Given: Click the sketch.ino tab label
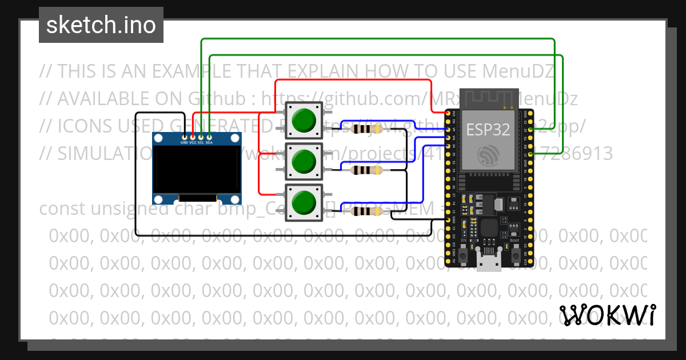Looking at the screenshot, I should click(101, 25).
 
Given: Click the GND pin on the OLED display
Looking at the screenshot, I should click(184, 137).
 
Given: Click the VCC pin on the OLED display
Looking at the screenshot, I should click(193, 137).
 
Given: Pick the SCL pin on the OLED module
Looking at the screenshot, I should click(201, 137).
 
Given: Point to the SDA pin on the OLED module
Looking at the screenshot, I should click(210, 137).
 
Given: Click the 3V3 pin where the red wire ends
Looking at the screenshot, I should click(448, 113).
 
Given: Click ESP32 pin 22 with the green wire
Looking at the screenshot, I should click(532, 130).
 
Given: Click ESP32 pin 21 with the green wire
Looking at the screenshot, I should click(532, 154).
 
